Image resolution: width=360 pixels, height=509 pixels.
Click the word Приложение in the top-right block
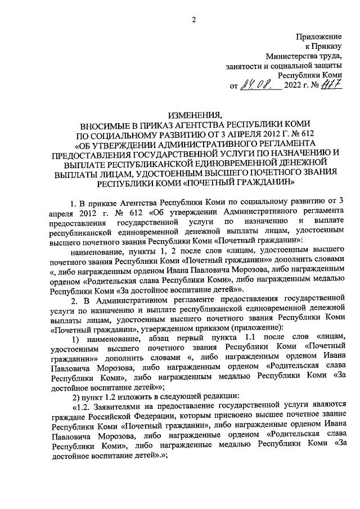pyautogui.click(x=319, y=37)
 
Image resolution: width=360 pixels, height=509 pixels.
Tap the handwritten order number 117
pyautogui.click(x=332, y=85)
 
